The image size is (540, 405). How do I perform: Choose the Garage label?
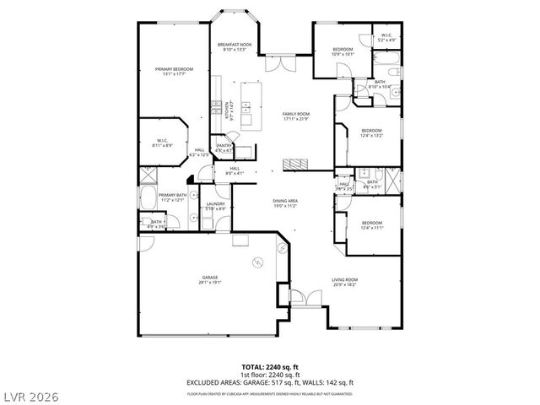pyautogui.click(x=209, y=279)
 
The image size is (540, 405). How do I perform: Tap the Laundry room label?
pyautogui.click(x=214, y=206)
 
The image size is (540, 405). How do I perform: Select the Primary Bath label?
pyautogui.click(x=172, y=197)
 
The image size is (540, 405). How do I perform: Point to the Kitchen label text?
pyautogui.click(x=226, y=109)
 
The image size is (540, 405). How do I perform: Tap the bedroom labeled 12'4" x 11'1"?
pyautogui.click(x=372, y=225)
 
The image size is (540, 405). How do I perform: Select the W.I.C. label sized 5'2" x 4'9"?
pyautogui.click(x=386, y=38)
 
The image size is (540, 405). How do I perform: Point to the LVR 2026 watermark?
pyautogui.click(x=30, y=392)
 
